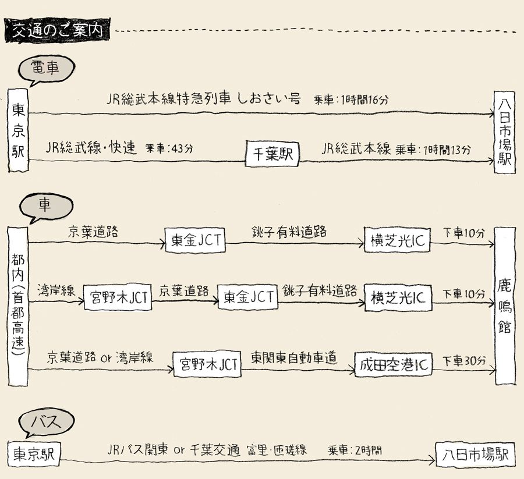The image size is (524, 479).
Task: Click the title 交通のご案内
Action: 56,30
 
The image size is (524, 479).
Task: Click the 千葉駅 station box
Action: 272,154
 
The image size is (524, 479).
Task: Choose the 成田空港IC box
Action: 393,365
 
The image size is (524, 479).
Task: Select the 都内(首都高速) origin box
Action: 17,306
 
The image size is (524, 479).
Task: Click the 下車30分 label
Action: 464,361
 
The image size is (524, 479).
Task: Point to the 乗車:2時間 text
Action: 355,450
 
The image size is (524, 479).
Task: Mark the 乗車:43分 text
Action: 169,148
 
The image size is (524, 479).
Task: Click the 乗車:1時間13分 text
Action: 434,150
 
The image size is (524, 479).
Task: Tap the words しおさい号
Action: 268,98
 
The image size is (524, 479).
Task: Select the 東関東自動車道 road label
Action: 295,358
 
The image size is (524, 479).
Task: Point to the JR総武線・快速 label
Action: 91,148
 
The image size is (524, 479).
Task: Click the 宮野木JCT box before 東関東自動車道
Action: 208,365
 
